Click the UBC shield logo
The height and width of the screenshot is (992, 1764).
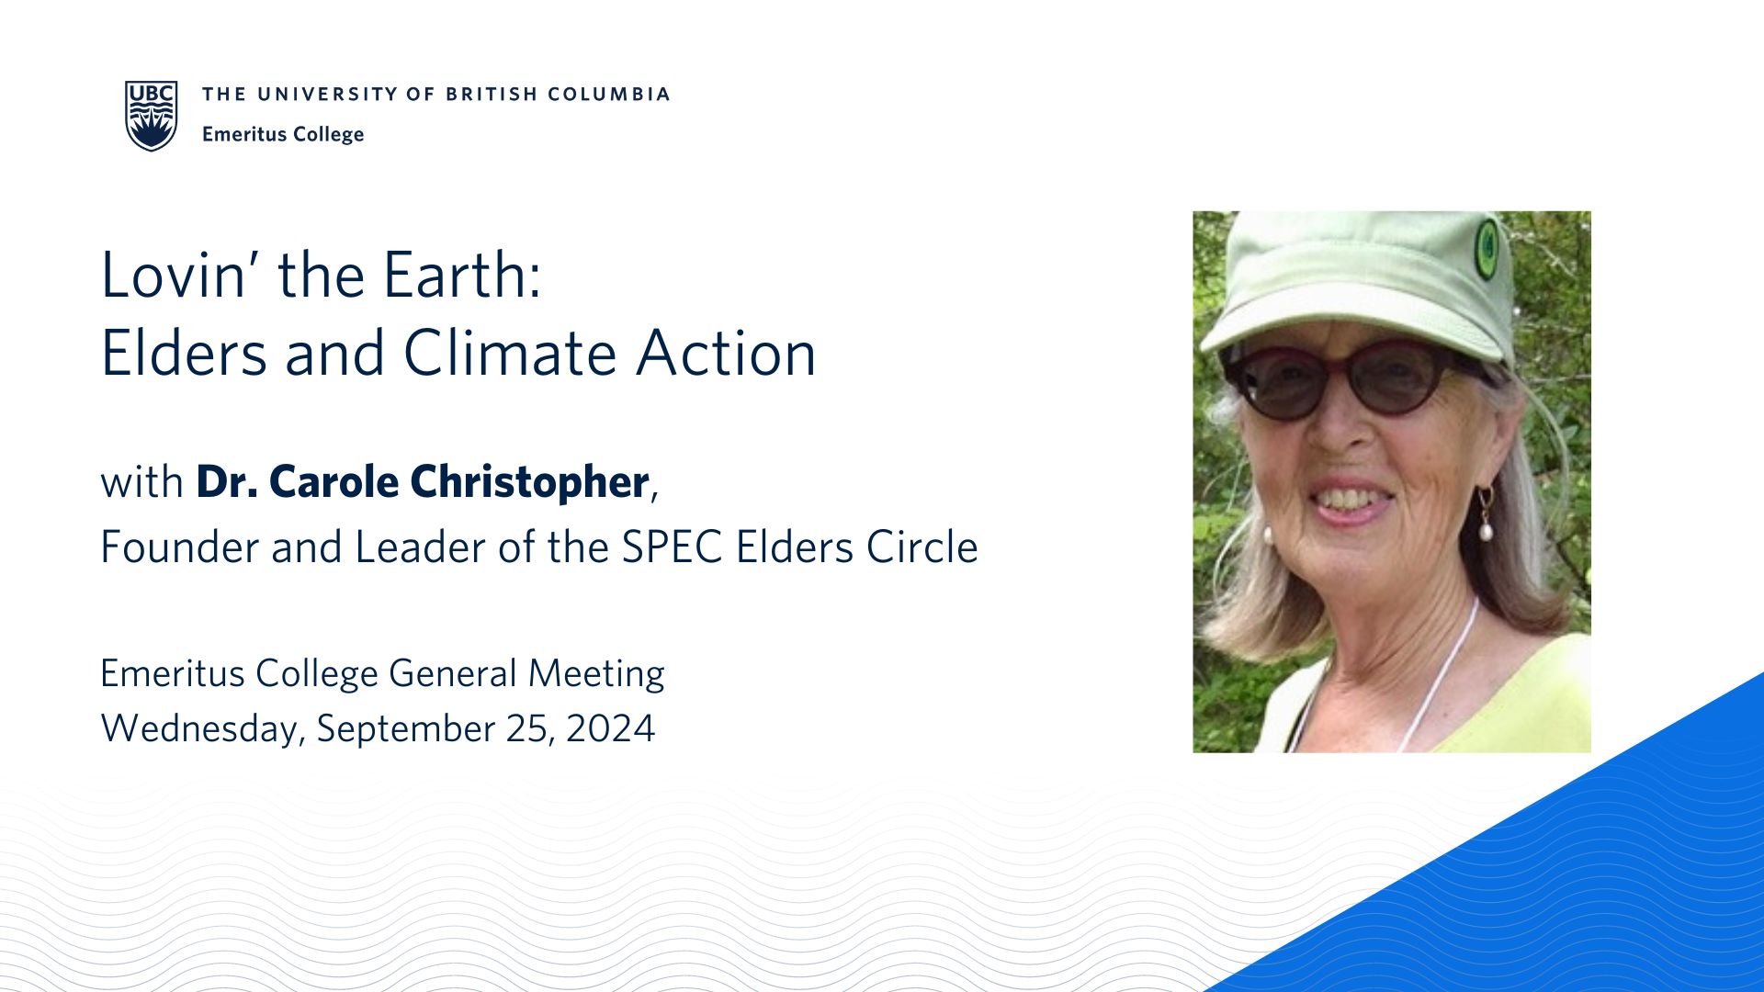pyautogui.click(x=152, y=116)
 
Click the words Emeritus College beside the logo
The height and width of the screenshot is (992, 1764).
pyautogui.click(x=283, y=134)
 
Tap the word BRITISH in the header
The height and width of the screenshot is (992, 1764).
pyautogui.click(x=492, y=94)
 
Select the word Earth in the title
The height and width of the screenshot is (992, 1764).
pyautogui.click(x=462, y=275)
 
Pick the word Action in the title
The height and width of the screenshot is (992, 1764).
pyautogui.click(x=726, y=354)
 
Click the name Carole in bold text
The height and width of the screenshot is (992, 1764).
pyautogui.click(x=334, y=481)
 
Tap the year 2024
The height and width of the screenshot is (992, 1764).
pyautogui.click(x=611, y=728)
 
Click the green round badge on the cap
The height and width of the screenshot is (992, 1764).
pyautogui.click(x=1487, y=249)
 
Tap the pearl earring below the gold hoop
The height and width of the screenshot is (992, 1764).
pyautogui.click(x=1486, y=530)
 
